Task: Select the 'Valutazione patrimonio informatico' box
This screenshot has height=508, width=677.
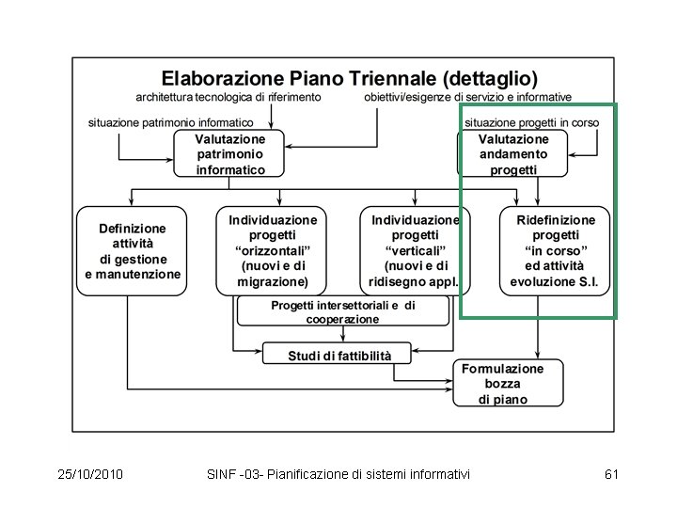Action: (x=230, y=153)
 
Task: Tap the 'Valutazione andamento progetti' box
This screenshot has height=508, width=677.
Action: (x=513, y=153)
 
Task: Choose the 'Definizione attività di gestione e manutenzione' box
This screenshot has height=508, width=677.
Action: (x=133, y=251)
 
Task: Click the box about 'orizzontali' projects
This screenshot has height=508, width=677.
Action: (x=273, y=250)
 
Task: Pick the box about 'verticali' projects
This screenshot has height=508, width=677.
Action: (x=415, y=250)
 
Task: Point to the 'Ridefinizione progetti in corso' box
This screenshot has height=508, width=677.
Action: (x=555, y=250)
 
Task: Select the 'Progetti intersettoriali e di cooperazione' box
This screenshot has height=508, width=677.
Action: (x=342, y=312)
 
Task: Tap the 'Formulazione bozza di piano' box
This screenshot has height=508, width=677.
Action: (x=509, y=384)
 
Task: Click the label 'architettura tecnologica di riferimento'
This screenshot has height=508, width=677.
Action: (x=228, y=97)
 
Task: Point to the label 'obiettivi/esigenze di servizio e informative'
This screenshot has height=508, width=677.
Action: (x=467, y=97)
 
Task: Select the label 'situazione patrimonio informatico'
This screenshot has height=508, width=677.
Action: (x=170, y=122)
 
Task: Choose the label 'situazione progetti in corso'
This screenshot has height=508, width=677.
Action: (x=531, y=122)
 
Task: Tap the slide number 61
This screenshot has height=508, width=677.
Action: (x=611, y=473)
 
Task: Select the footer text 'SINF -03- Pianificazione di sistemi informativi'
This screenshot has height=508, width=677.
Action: (x=338, y=473)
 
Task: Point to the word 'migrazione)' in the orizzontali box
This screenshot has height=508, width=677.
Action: (x=273, y=281)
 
